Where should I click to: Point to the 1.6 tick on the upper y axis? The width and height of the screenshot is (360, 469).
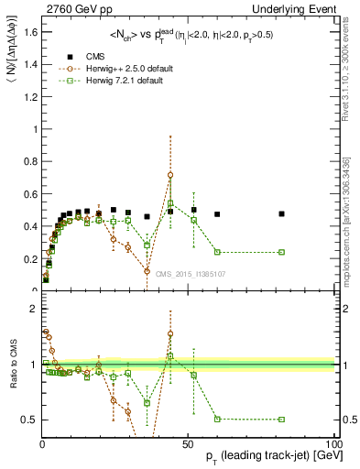click(31, 32)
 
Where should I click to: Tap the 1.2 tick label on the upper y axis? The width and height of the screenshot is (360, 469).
click(31, 96)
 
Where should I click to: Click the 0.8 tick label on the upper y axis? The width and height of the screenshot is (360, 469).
click(31, 161)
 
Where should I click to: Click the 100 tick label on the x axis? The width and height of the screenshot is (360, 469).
click(333, 442)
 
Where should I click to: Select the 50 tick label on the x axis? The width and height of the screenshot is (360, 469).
click(188, 442)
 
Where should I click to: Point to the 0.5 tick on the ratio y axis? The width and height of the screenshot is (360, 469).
click(31, 420)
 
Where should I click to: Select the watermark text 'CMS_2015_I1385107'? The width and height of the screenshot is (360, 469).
click(191, 273)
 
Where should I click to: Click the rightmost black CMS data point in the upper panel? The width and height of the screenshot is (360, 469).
click(282, 213)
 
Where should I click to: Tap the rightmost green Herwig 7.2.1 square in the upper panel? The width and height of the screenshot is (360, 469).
click(282, 252)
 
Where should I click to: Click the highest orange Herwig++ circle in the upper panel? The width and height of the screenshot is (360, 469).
click(170, 175)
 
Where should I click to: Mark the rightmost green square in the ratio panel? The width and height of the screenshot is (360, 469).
click(282, 419)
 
